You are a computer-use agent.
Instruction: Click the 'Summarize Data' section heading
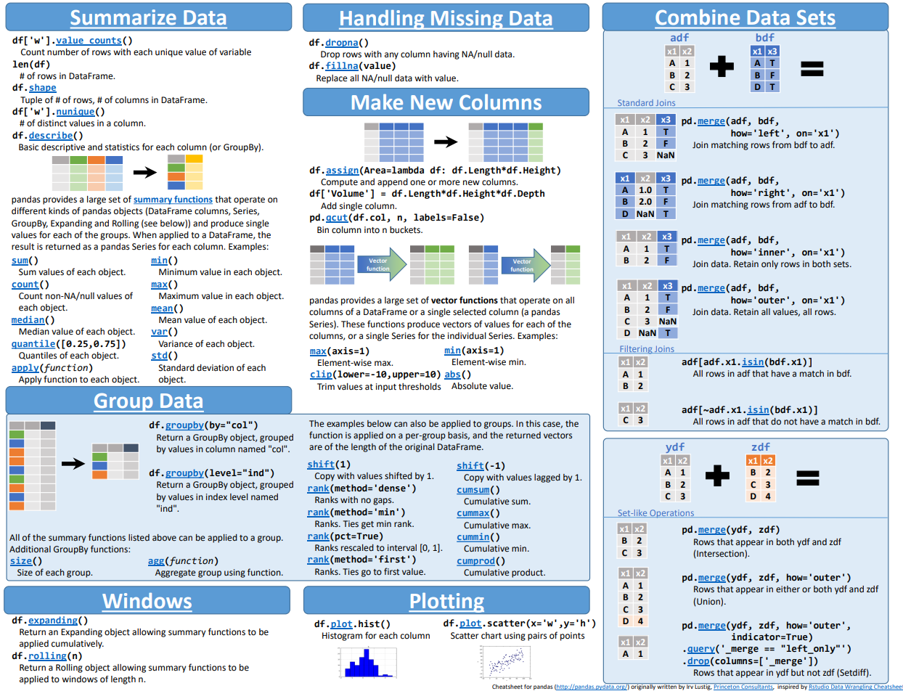(x=148, y=18)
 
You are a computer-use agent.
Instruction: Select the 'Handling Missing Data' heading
(x=446, y=18)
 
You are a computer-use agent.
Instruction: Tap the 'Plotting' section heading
(x=446, y=601)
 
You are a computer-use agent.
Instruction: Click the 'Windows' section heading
(x=147, y=601)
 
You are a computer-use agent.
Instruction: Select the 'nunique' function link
(x=75, y=112)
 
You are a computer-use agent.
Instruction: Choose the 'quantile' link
(x=36, y=343)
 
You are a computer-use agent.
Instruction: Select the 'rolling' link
(x=49, y=655)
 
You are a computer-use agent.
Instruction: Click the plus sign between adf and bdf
(x=722, y=68)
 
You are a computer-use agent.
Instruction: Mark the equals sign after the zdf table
(x=807, y=478)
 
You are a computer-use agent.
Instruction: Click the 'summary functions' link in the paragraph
(x=173, y=199)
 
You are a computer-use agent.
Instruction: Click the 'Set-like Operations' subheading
(x=655, y=512)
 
